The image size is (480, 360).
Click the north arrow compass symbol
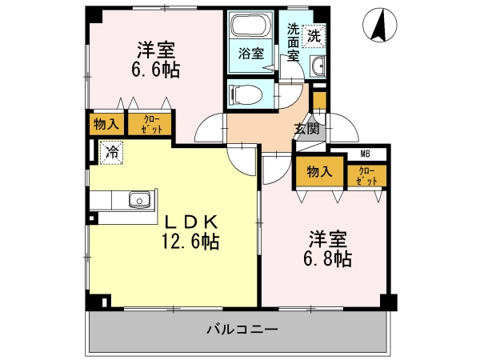379,25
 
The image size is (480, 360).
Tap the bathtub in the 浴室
250,26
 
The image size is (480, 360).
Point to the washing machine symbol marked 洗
314,36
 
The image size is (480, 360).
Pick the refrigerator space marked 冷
111,153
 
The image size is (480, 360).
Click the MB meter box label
366,154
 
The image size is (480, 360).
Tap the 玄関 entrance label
306,129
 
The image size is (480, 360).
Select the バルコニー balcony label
242,330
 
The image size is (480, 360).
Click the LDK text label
191,223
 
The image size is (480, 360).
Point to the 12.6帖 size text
190,242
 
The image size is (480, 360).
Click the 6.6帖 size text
155,70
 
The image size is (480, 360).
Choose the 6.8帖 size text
327,259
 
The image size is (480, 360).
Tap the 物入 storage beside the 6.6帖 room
106,124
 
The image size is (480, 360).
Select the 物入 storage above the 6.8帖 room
319,172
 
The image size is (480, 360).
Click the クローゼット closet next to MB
366,176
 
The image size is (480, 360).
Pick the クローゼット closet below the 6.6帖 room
150,124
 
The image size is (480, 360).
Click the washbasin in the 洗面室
318,66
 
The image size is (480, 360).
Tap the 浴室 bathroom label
251,54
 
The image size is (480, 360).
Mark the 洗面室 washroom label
293,42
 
